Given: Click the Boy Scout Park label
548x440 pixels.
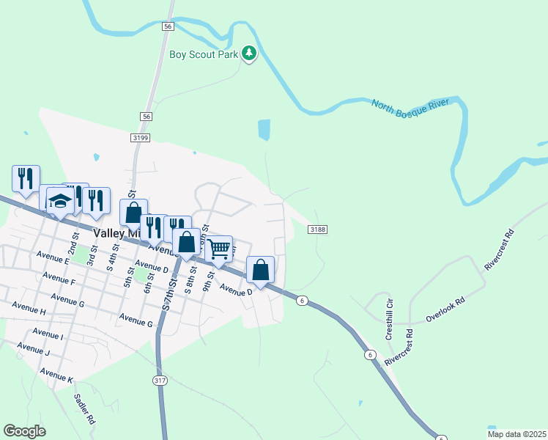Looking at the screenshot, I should [x=204, y=54].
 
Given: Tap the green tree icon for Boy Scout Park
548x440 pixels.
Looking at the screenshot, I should [x=250, y=54].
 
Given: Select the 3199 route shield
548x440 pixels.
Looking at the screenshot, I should [x=141, y=137].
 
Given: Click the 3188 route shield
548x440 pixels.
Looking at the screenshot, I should [x=317, y=230].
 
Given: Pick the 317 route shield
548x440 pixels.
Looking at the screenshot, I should [x=160, y=380].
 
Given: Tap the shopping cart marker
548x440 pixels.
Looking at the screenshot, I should [x=219, y=249].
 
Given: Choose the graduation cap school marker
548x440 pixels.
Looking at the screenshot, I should [x=59, y=201].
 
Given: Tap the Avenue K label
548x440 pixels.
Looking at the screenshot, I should [x=56, y=375].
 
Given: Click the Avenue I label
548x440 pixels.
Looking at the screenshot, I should [x=48, y=336].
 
